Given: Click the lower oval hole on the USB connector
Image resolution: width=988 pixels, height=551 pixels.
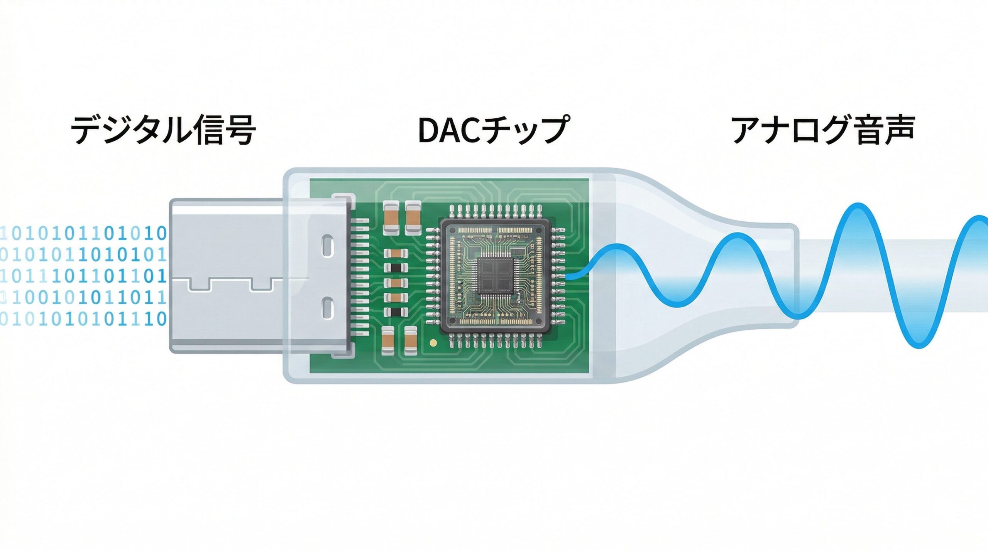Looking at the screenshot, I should pos(328,308).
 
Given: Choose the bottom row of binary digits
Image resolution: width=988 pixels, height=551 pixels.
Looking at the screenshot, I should pos(83,319).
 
